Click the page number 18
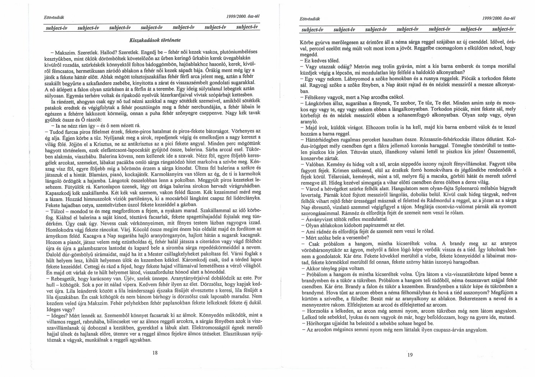pyautogui.click(x=155, y=352)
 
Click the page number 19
pyautogui.click(x=410, y=355)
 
